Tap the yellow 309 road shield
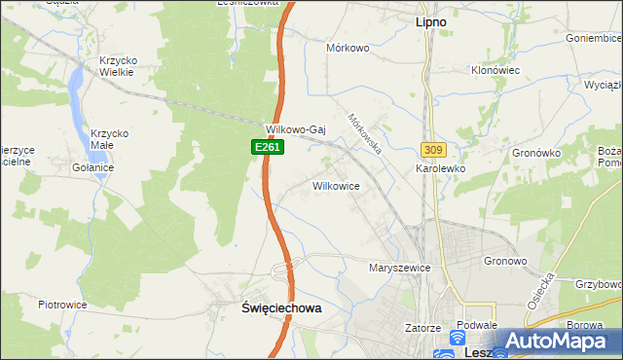[433, 149]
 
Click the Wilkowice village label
[336, 185]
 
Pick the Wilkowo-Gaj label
[295, 129]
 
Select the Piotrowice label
[63, 305]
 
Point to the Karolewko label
[441, 168]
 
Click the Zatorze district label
[423, 329]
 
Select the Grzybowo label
[599, 284]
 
